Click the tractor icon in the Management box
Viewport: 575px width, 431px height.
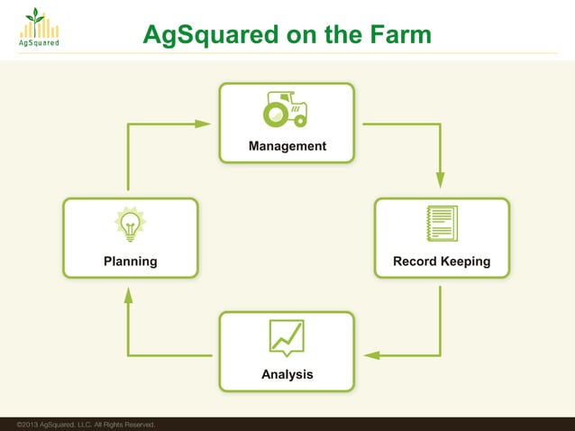click(x=286, y=110)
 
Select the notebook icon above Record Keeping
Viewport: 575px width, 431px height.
click(x=442, y=224)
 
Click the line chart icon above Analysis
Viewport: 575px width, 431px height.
click(x=287, y=337)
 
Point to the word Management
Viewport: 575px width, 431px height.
click(x=287, y=146)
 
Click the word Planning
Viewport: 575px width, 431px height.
click(x=131, y=261)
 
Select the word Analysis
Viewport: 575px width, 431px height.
click(x=287, y=374)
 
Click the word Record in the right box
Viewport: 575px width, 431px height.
click(x=414, y=261)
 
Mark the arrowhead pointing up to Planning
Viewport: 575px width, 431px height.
click(x=129, y=295)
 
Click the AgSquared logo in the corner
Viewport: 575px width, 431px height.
click(x=37, y=29)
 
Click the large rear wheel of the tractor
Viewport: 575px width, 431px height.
click(x=274, y=115)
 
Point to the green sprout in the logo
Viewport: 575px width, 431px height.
click(x=35, y=14)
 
